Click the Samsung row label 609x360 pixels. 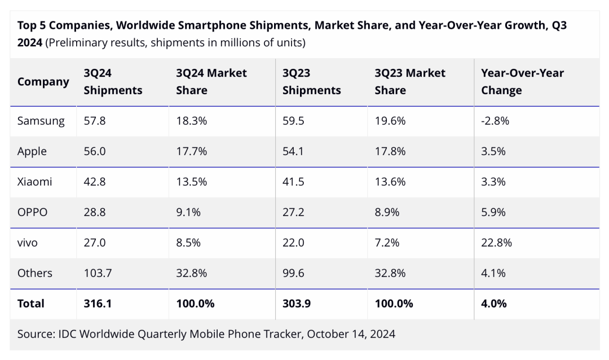(41, 121)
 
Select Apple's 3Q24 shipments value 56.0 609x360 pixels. (95, 151)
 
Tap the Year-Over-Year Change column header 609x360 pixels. (522, 81)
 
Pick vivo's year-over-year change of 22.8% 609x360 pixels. (496, 243)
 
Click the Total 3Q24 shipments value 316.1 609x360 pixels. (98, 304)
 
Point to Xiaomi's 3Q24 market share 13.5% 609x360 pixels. (192, 182)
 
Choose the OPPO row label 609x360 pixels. (32, 212)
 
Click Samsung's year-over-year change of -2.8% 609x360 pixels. (495, 121)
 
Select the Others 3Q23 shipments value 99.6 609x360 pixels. (293, 273)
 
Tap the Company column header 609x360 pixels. (43, 82)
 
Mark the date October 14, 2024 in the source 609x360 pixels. (351, 334)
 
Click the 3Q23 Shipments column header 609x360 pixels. (311, 81)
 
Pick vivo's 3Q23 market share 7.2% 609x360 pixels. (387, 243)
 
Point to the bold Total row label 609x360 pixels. (30, 304)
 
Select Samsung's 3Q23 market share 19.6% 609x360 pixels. (390, 121)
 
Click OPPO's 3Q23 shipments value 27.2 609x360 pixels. (293, 212)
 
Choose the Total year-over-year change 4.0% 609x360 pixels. (493, 304)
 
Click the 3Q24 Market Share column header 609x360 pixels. (211, 81)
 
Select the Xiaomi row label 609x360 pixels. (34, 182)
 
